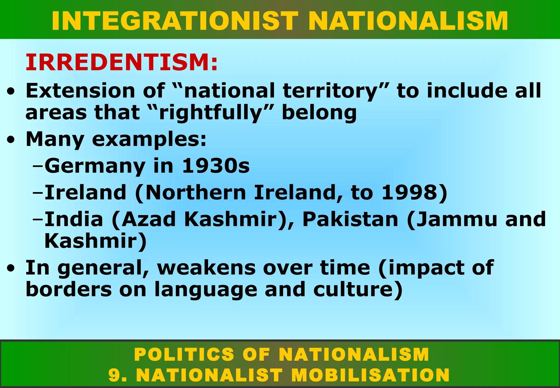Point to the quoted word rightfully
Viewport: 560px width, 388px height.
click(211, 113)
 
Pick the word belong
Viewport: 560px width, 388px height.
click(319, 113)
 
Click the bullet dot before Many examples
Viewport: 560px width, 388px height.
click(11, 140)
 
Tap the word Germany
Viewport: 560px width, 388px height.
click(95, 166)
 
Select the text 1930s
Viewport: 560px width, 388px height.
click(216, 166)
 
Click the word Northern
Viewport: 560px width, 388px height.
click(196, 192)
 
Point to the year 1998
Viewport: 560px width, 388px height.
click(410, 192)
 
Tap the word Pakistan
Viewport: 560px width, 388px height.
click(350, 219)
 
